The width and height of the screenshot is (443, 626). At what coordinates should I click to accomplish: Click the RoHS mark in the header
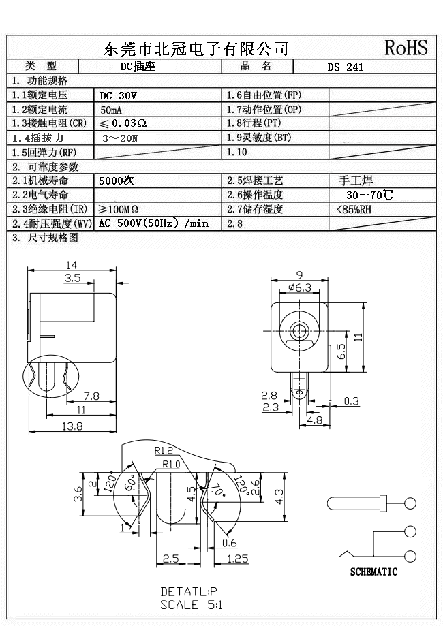pos(406,48)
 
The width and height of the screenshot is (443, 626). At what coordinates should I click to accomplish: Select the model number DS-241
pos(346,67)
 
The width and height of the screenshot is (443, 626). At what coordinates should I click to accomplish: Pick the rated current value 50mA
pos(112,110)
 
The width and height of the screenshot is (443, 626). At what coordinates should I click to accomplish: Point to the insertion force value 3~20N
pos(119,138)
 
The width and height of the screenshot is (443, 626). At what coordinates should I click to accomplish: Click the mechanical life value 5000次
pos(117,181)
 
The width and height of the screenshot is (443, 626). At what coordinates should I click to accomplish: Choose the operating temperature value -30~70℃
pos(365,195)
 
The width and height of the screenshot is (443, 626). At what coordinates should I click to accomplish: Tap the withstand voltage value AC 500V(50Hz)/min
pos(153,223)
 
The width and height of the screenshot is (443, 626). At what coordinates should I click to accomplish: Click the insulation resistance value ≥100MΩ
pos(119,209)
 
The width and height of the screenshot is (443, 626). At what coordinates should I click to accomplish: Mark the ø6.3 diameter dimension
pos(299,287)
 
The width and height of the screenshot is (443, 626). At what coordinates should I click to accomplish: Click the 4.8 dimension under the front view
pos(315,420)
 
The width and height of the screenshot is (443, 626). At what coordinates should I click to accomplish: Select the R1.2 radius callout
pos(163,450)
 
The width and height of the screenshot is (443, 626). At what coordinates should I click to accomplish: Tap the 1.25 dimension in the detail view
pos(236,559)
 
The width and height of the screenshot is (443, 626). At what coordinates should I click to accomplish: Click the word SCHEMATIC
pos(373,572)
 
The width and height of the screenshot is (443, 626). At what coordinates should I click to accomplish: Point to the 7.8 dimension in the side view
pos(92,395)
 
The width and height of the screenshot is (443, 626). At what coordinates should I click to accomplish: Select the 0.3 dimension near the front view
pos(351,401)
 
